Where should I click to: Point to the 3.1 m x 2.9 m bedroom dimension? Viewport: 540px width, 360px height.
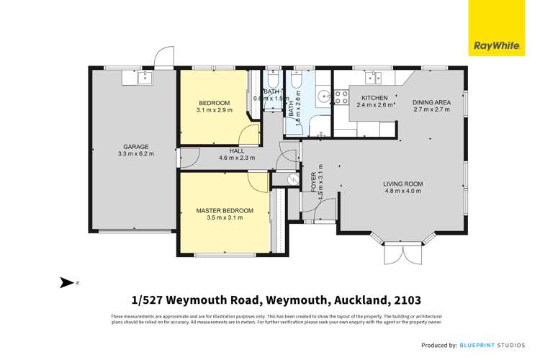pos(215,110)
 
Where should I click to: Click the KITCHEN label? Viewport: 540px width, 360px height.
pos(374,98)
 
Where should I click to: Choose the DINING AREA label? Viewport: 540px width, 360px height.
pos(431,102)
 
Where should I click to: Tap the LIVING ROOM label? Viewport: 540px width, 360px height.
pos(403,184)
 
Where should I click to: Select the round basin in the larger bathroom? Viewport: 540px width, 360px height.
pos(321,94)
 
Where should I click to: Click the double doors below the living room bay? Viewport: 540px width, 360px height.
pos(400,253)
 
